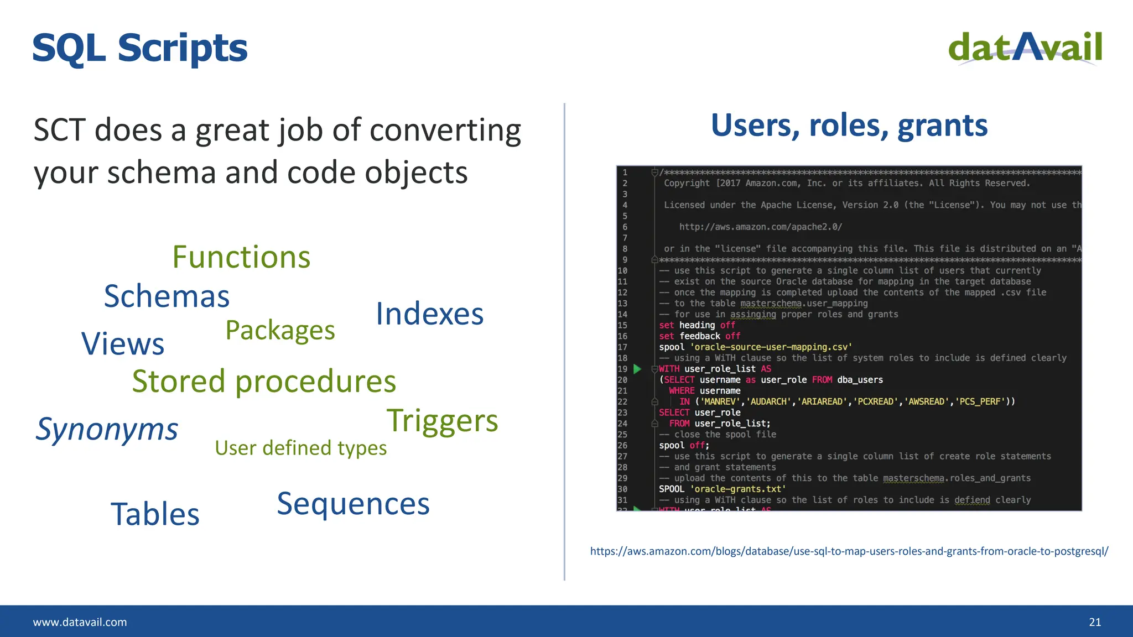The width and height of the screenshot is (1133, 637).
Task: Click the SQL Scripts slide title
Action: [140, 49]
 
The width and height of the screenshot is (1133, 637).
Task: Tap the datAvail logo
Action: [1025, 48]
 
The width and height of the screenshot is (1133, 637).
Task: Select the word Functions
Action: [241, 257]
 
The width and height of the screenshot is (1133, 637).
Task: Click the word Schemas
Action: [167, 296]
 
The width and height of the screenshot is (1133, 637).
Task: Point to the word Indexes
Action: [429, 314]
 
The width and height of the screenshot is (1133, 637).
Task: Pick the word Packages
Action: [280, 331]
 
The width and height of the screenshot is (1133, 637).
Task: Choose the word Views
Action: [123, 344]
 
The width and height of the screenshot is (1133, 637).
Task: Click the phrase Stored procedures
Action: [264, 382]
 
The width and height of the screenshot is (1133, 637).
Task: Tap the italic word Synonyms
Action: [107, 430]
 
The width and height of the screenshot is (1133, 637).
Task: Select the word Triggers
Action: [442, 421]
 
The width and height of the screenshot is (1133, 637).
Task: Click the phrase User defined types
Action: [300, 448]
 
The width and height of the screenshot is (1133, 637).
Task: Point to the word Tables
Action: [155, 514]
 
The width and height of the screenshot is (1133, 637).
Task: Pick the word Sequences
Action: [353, 504]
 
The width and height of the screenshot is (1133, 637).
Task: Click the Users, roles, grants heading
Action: [849, 126]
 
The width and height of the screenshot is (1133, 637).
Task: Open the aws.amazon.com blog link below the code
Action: [849, 551]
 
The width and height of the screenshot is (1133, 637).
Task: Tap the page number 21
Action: [1095, 622]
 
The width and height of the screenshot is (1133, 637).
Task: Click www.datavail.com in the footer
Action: [80, 622]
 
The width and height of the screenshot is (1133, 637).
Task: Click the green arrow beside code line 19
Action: [637, 369]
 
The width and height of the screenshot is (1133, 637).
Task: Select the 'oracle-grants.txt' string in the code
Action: [738, 489]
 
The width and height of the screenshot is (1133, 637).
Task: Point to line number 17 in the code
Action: [622, 347]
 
